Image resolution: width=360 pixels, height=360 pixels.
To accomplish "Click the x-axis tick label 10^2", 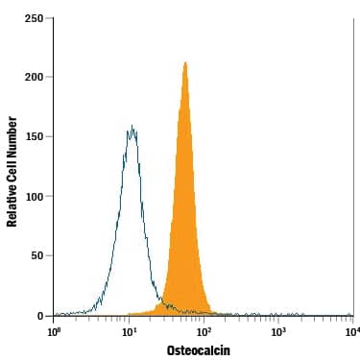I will [204, 330].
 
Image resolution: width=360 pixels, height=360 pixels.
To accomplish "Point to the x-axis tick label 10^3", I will [277, 330].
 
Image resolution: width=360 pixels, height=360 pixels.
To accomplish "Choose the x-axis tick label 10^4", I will [351, 330].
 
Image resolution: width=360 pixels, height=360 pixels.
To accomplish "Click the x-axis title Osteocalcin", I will [199, 350].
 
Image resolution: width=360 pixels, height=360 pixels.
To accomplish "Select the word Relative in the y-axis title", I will [12, 204].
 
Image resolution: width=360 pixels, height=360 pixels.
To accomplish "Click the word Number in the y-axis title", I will [12, 132].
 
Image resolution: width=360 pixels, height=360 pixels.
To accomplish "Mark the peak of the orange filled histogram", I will [184, 63].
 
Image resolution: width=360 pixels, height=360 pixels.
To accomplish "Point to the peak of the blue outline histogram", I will [132, 126].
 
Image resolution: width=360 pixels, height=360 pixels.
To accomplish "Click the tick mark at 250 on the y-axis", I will [51, 18].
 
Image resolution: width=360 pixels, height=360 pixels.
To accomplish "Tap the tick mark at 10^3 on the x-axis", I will [278, 319].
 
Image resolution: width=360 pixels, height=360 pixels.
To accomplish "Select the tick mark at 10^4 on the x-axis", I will [352, 319].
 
